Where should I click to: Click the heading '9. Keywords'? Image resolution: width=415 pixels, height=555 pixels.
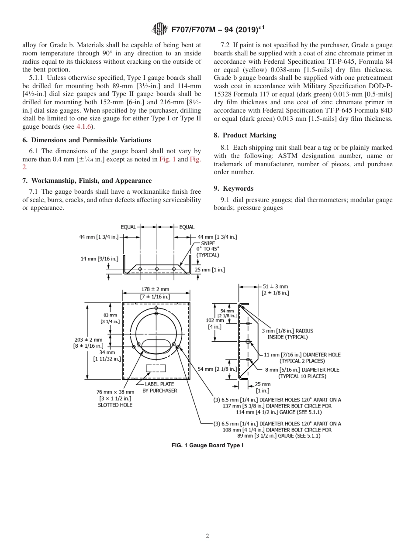coord(234,188)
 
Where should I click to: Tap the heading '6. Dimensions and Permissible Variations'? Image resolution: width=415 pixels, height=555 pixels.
coord(86,140)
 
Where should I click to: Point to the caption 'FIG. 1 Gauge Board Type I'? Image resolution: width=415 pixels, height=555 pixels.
coord(207,445)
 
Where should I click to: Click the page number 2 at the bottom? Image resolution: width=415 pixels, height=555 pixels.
coord(207,536)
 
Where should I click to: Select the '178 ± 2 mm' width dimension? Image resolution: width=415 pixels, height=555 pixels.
coord(155,289)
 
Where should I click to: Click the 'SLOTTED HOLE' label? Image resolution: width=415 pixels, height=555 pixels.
coord(115,405)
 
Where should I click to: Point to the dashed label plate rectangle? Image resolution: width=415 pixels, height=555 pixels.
coord(156,368)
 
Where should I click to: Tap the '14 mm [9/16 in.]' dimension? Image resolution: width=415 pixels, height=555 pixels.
coord(99,258)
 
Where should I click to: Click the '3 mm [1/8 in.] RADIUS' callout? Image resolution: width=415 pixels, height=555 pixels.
coord(287,331)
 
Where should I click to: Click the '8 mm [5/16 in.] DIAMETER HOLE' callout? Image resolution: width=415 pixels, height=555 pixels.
coord(302,370)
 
